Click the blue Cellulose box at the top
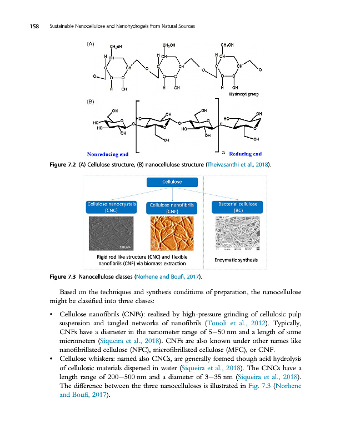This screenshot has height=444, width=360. tap(172, 181)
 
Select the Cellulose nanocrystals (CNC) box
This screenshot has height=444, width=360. tap(112, 208)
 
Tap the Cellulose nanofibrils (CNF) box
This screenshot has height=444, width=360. tap(172, 208)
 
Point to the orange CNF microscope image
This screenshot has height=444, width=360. tap(172, 233)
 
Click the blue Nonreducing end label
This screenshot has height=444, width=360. tap(108, 154)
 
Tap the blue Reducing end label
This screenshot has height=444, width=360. tap(246, 154)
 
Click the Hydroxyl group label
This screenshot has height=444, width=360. tap(244, 94)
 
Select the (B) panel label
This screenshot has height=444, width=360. tap(90, 102)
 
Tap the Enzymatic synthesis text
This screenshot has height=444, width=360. tap(236, 259)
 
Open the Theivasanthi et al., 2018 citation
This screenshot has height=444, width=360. tap(238, 165)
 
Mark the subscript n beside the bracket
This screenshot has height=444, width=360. tap(223, 152)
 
